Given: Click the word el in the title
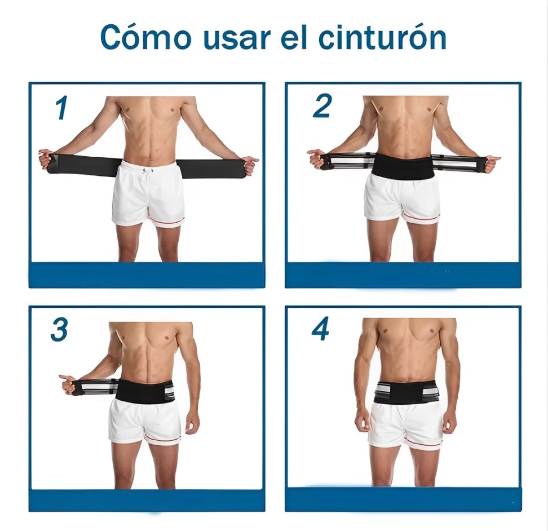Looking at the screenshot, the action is coord(294,37).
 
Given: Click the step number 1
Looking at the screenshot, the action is coord(61,108).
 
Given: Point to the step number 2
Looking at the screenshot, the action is coord(321,106).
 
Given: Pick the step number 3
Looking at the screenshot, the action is coord(59,330).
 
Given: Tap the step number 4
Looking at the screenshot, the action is coord(320,329).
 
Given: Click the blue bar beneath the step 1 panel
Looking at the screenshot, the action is coord(147,275).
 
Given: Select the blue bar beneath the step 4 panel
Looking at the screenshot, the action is coord(403,499).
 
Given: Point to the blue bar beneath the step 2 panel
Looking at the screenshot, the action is coord(403,275).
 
